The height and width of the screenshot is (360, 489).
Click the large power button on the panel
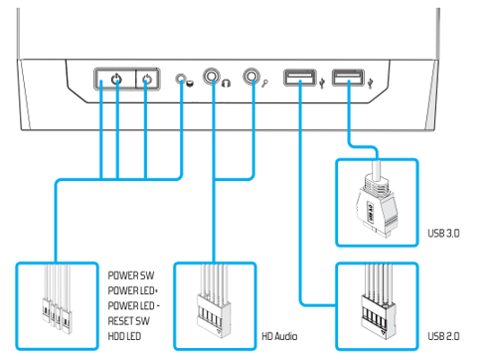tap(116, 80)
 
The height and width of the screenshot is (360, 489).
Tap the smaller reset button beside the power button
tap(147, 80)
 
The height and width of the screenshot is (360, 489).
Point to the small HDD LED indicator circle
tap(181, 79)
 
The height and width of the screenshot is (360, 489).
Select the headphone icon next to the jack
tap(228, 83)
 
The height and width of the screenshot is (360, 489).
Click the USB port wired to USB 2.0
tap(299, 78)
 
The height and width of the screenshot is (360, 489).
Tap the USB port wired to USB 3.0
tap(347, 78)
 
